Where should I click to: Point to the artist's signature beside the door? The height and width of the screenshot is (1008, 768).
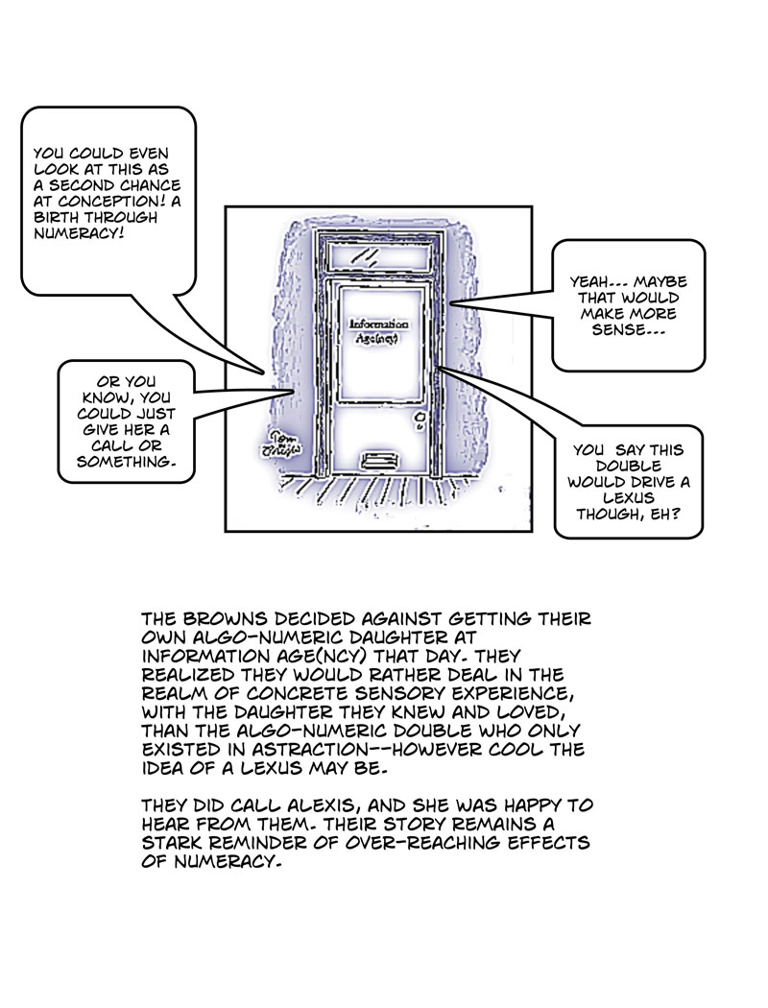click(x=279, y=440)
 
